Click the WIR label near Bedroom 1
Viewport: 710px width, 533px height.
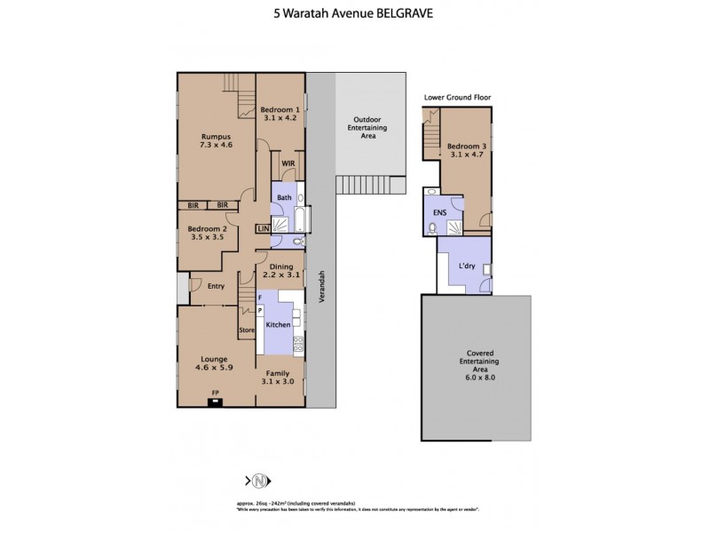tap(288, 164)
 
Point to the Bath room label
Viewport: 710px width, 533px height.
tap(284, 198)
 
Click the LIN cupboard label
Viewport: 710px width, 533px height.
tap(263, 229)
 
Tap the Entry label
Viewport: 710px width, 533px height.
tap(216, 286)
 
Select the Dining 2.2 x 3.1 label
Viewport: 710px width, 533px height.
tap(280, 270)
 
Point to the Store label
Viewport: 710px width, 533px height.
tap(247, 331)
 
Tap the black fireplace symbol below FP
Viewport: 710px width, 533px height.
tap(214, 402)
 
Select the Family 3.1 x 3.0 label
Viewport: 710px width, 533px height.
tap(279, 377)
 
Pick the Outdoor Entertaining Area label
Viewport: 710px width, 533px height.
tap(367, 128)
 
